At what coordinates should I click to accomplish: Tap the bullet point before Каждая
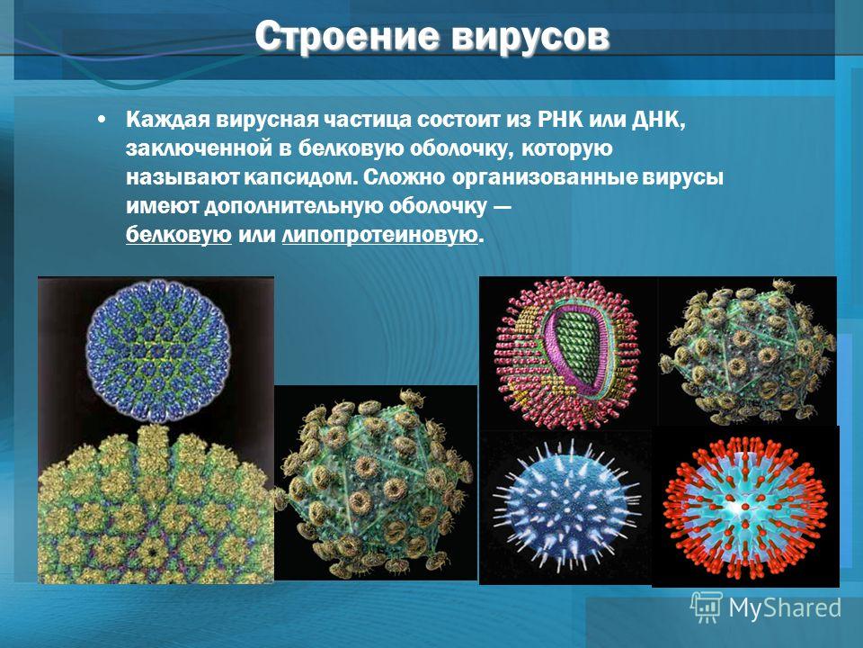(101, 120)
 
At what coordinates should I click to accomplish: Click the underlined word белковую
(179, 235)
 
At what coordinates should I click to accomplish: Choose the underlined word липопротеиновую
(379, 235)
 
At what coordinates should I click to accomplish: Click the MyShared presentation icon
(707, 607)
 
